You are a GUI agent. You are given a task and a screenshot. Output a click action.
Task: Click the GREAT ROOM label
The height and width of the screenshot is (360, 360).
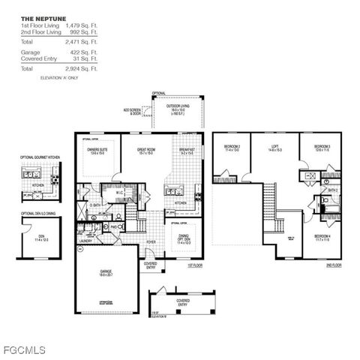click(145, 150)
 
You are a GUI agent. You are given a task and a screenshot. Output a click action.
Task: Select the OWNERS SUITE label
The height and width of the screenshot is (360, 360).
click(98, 150)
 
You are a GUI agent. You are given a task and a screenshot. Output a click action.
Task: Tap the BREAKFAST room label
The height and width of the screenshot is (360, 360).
click(187, 150)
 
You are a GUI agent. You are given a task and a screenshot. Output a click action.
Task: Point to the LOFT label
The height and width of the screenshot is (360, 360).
click(275, 146)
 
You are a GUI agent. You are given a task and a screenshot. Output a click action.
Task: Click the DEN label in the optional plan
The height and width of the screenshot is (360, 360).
click(41, 236)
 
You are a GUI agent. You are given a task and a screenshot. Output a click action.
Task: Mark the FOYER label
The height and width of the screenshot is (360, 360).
click(151, 242)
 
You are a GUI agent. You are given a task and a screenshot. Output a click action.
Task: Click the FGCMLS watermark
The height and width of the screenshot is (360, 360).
click(23, 349)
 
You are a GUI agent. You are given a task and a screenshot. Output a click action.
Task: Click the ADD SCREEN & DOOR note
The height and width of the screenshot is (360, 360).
click(133, 111)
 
